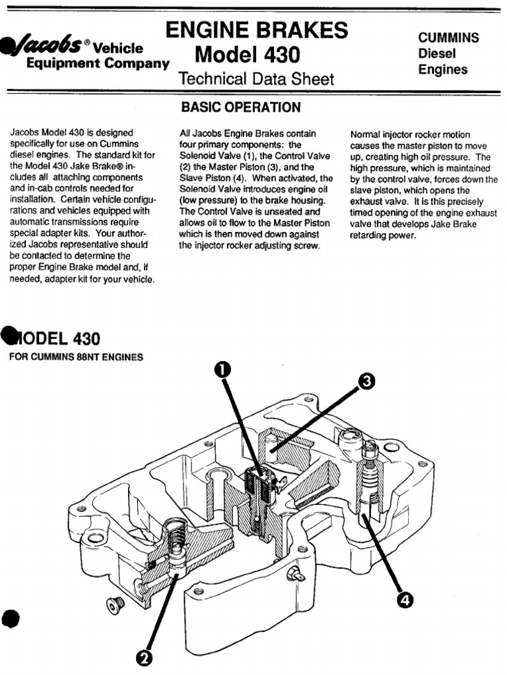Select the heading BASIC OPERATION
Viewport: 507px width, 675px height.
click(x=241, y=107)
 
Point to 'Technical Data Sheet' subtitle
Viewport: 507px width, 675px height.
click(x=256, y=80)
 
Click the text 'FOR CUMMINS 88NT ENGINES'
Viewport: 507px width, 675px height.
click(x=76, y=358)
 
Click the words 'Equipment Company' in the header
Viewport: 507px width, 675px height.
click(x=96, y=64)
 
